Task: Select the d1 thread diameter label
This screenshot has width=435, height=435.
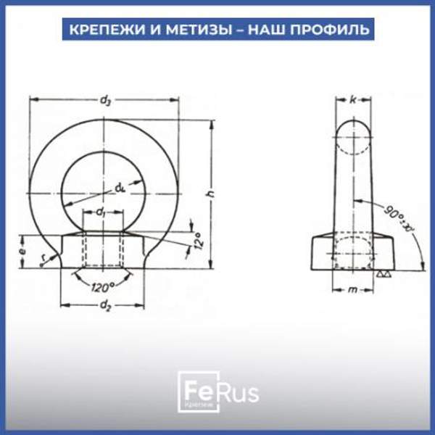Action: tap(102, 212)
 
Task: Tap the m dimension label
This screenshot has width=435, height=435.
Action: tap(352, 289)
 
